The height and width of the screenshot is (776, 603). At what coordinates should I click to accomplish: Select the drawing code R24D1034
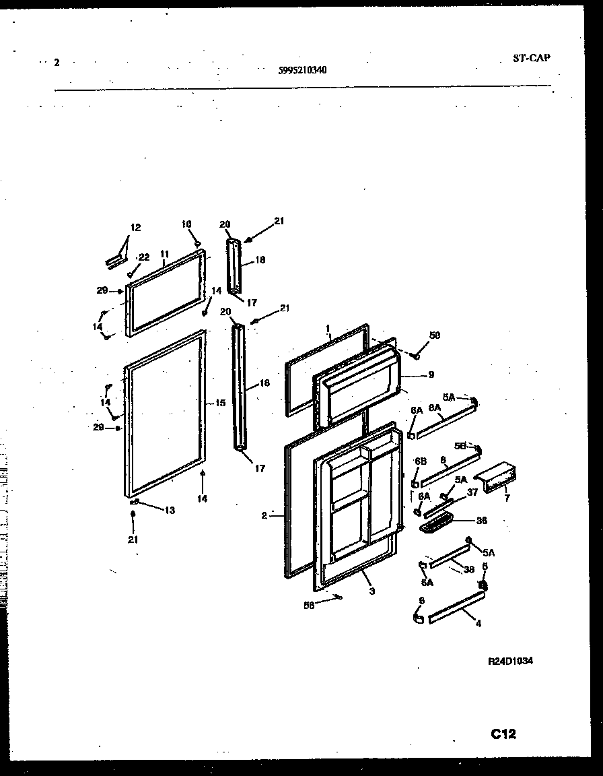point(510,661)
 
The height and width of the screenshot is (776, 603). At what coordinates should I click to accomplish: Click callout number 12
point(136,228)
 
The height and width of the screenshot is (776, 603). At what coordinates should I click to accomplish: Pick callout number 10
point(186,224)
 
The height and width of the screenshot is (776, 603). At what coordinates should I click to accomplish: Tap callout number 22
point(143,257)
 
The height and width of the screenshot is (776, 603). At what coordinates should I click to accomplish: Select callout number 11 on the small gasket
point(164,253)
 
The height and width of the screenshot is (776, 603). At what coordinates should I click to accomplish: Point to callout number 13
point(169,511)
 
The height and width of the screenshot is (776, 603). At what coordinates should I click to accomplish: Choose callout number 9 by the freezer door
point(431,375)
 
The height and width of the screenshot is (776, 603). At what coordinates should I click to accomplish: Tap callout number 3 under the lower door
point(371,591)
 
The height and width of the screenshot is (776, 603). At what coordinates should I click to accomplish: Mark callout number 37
point(472,492)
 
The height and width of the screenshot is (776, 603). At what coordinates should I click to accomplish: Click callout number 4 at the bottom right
point(478,624)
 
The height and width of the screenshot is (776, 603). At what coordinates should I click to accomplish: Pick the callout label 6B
point(421,461)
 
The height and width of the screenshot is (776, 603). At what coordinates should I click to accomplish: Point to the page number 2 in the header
point(57,63)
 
